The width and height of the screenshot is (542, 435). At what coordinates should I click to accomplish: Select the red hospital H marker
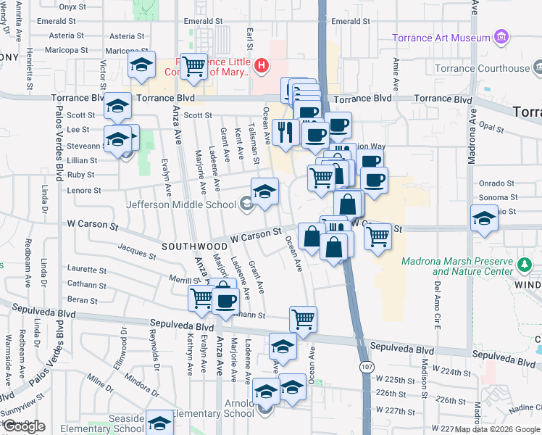262,67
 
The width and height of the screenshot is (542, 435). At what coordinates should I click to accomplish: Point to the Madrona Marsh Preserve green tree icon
527,267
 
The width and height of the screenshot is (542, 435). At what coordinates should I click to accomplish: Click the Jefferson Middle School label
183,204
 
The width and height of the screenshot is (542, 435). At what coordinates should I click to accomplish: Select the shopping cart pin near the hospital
193,67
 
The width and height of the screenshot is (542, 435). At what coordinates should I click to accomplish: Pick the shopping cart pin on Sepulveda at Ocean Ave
303,318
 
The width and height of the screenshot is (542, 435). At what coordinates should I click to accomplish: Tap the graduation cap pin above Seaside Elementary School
159,422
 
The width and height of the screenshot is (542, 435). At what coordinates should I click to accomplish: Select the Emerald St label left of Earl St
202,22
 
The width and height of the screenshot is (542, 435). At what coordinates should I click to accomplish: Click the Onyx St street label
72,7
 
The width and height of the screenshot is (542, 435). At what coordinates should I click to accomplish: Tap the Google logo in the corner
24,426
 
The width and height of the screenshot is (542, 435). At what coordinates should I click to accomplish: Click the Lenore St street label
84,191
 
